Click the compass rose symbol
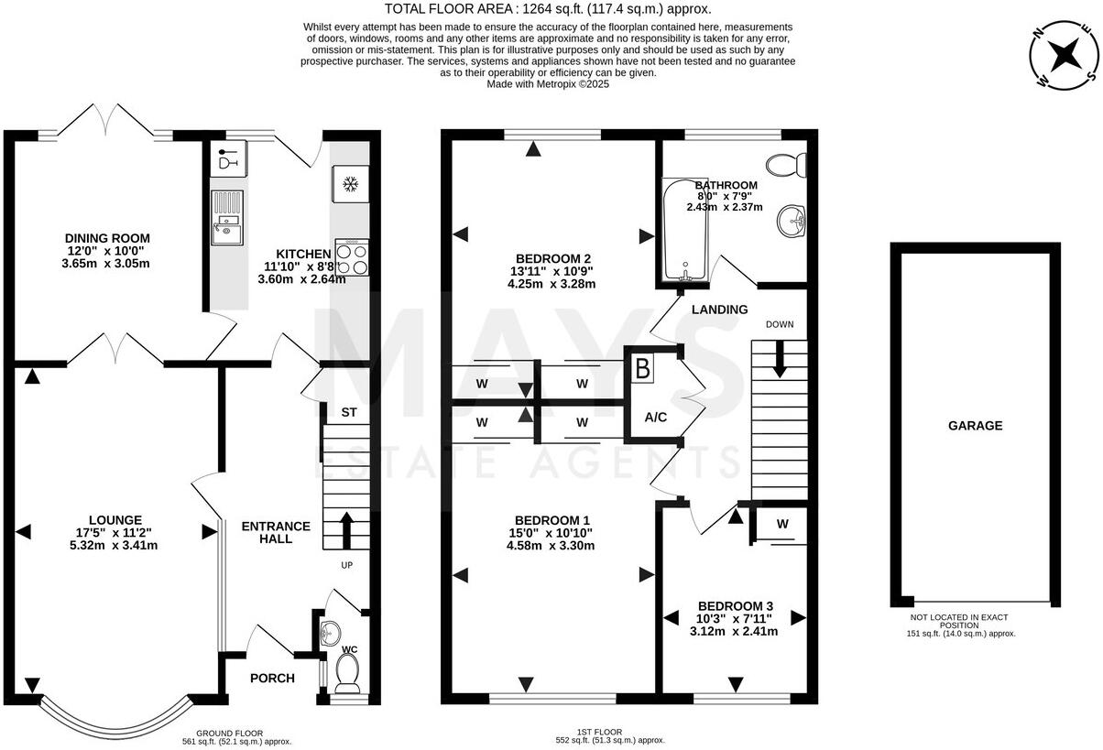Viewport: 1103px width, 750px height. pos(1064,58)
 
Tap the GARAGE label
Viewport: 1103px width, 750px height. pos(975,426)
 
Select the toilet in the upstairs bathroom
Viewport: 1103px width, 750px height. pos(787,165)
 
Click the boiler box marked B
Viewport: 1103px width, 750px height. pos(643,369)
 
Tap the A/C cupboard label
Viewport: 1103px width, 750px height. pos(655,418)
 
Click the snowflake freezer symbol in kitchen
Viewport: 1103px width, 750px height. pos(348,184)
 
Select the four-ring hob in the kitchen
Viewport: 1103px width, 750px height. pos(353,256)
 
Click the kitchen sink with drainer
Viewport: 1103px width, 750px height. pos(225,219)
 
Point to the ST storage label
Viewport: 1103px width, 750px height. pos(349,413)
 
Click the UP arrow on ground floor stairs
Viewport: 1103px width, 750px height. pos(346,529)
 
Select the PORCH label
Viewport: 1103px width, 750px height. pos(272,679)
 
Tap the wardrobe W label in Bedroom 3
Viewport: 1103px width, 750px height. pos(781,525)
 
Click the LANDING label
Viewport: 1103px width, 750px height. pos(719,310)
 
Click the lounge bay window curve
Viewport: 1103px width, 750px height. pos(115,722)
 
